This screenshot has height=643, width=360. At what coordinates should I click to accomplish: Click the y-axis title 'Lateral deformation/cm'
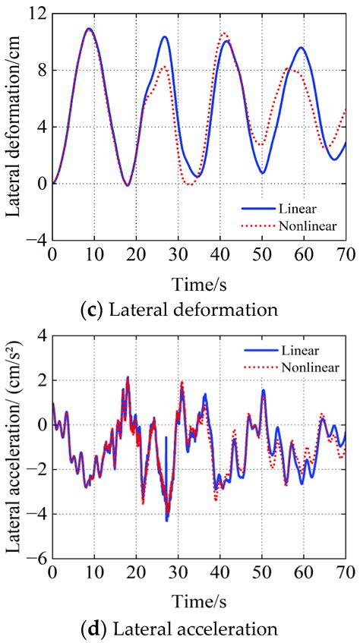coord(14,125)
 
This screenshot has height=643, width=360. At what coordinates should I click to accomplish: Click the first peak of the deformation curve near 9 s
coord(89,29)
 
